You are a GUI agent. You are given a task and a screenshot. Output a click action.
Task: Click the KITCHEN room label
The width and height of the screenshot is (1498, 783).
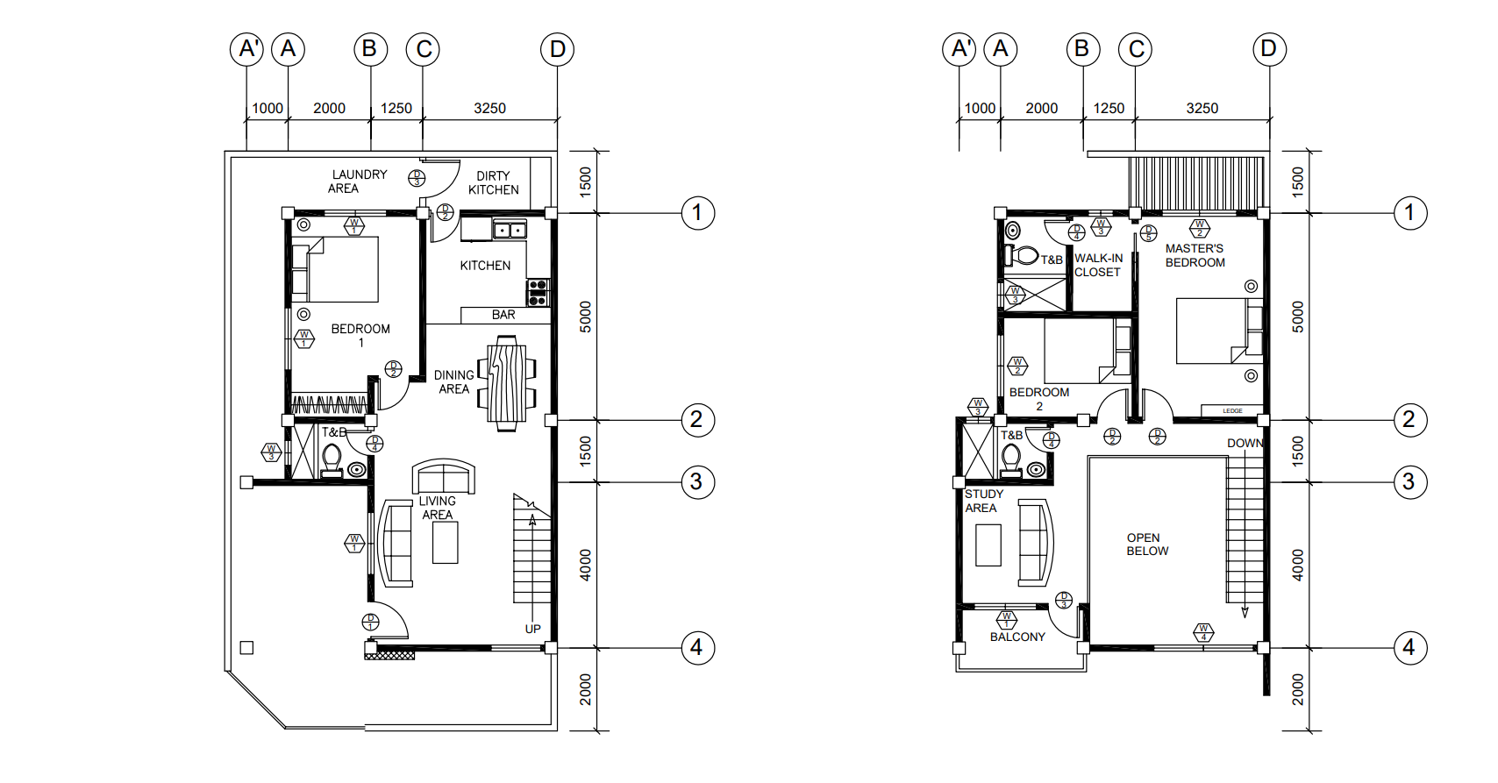tap(485, 266)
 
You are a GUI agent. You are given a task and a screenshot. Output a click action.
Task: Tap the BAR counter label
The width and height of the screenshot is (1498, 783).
tap(503, 315)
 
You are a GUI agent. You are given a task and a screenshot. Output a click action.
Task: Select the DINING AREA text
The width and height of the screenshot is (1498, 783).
tap(453, 382)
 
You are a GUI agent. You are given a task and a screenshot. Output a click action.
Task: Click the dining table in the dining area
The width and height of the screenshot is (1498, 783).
tap(507, 383)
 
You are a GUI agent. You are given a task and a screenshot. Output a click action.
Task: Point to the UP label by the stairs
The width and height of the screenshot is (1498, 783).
tap(532, 629)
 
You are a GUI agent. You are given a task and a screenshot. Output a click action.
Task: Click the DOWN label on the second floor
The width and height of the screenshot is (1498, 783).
tap(1245, 443)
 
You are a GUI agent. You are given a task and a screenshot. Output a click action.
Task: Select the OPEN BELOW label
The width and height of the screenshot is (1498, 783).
tap(1147, 545)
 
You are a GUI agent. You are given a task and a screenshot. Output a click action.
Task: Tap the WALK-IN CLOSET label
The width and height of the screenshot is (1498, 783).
tap(1098, 265)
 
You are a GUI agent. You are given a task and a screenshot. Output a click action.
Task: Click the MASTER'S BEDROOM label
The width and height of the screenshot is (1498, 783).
tap(1195, 255)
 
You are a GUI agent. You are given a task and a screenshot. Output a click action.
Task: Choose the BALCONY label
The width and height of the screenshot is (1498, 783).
tap(1017, 637)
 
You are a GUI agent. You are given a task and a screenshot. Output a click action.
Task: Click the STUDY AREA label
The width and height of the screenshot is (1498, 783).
tap(983, 501)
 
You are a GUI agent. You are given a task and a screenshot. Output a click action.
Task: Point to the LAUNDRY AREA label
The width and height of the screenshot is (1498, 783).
tap(358, 182)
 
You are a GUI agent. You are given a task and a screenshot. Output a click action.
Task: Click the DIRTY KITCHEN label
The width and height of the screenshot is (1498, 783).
tap(493, 182)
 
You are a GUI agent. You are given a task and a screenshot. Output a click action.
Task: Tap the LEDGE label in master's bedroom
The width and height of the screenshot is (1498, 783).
tap(1232, 410)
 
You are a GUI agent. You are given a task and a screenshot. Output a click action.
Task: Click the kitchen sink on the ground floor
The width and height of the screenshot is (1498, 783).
tap(510, 231)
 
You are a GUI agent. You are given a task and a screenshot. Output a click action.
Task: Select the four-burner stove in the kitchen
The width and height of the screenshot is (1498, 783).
tap(538, 293)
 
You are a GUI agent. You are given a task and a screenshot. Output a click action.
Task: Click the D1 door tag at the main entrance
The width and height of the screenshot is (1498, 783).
tap(371, 623)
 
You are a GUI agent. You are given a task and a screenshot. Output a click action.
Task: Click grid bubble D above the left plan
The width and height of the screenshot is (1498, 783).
tap(557, 49)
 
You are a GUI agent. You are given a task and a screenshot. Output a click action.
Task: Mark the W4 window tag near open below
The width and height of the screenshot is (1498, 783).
tap(1203, 632)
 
